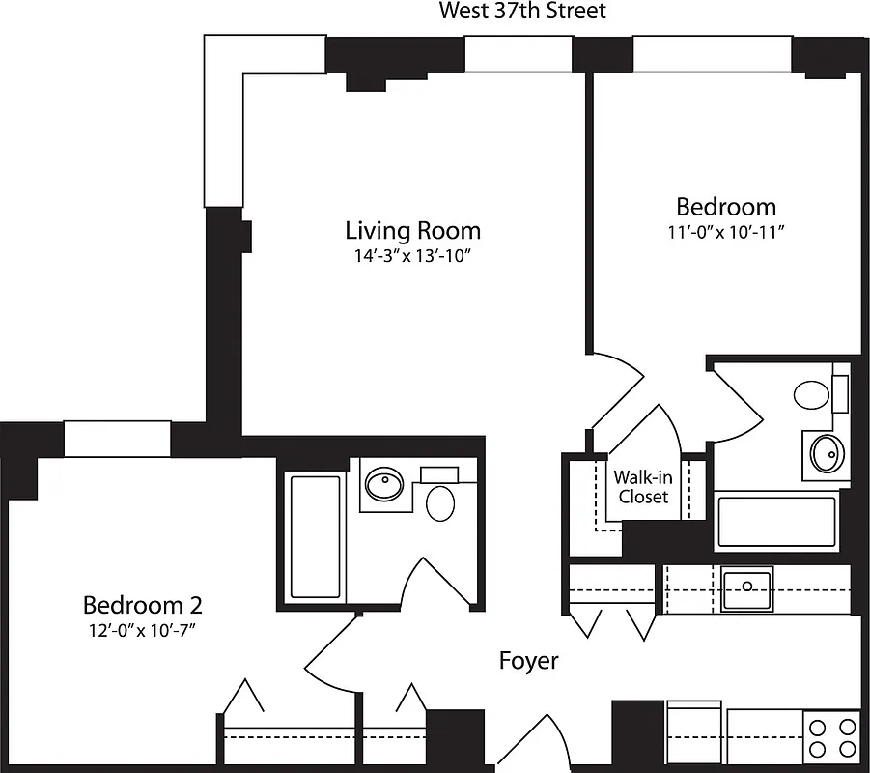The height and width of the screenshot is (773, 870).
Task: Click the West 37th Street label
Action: pos(522,12)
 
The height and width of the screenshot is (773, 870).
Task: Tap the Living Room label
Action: pos(412,231)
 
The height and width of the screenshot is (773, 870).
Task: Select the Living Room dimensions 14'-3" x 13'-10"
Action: pos(412,256)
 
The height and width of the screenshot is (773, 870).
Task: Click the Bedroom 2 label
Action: pos(142,606)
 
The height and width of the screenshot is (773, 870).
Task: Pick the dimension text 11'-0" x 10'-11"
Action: pos(725,232)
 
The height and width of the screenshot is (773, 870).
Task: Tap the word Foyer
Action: pos(528,661)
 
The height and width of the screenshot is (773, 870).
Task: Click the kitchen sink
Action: pos(746,587)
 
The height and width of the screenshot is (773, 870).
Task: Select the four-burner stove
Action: pos(831,737)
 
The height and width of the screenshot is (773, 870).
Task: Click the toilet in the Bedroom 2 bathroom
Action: pos(440,501)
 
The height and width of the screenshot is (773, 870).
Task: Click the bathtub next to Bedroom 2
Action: pos(316,536)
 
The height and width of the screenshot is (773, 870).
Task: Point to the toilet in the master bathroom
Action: pos(812,394)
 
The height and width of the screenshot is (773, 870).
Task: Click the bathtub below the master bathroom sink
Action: pos(775,522)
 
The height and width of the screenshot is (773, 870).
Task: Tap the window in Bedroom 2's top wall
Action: pos(117,439)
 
